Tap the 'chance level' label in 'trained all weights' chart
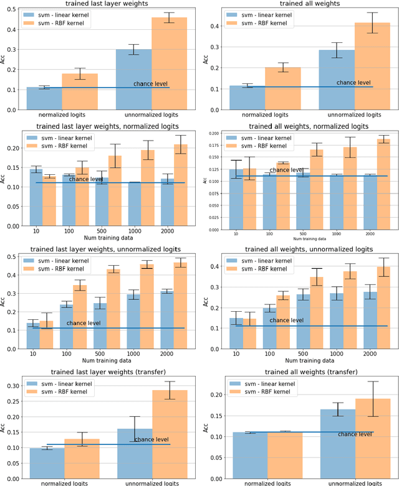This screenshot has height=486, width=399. (x=353, y=82)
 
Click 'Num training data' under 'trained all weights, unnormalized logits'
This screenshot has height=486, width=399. (x=309, y=362)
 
